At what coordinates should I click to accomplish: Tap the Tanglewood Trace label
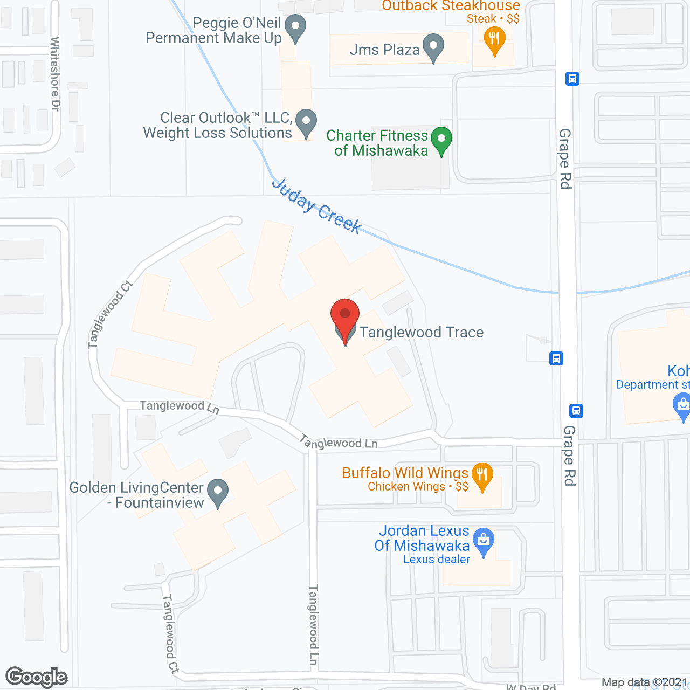point(421,332)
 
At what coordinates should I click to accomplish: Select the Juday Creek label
point(316,206)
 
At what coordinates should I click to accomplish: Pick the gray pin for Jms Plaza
point(433,47)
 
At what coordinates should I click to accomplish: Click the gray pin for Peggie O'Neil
point(295,27)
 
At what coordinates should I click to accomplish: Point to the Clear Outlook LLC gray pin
point(306,123)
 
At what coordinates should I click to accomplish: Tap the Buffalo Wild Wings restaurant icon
point(482,475)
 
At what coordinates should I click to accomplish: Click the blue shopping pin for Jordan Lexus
point(484,541)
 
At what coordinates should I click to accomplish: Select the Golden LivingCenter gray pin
point(218,493)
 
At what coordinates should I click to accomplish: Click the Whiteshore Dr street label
point(55,74)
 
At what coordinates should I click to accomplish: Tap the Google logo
point(37,677)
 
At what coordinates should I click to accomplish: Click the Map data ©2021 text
point(644,682)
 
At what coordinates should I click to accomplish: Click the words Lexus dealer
point(437,560)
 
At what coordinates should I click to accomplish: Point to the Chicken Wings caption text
point(406,487)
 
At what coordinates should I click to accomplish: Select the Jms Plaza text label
point(384,50)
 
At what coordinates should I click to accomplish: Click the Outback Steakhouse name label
point(451,6)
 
